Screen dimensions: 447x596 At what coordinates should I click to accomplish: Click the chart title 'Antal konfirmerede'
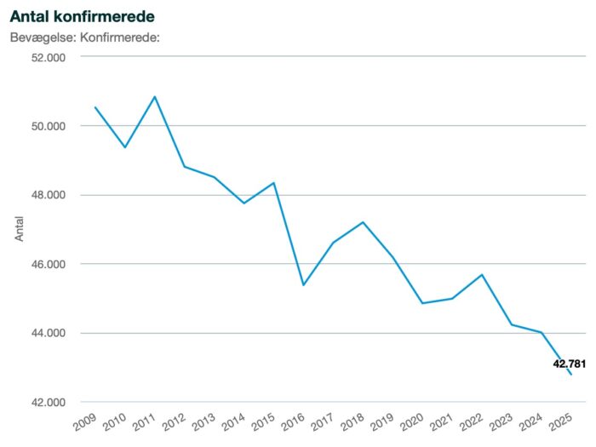pos(83,16)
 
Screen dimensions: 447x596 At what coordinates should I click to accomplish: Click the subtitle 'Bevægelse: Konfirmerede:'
pos(85,37)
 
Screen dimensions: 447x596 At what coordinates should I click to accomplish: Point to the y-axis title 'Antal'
pos(20,228)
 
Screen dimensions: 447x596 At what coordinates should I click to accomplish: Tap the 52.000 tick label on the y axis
pos(49,57)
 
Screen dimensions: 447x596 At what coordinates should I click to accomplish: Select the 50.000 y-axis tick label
pos(49,126)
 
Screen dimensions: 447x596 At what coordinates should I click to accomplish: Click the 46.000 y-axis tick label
pos(49,265)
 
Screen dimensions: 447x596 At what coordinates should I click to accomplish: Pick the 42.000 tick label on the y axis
pos(49,403)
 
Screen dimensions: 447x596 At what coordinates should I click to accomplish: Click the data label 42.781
pos(570,364)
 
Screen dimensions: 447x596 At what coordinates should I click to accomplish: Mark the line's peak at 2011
pos(155,97)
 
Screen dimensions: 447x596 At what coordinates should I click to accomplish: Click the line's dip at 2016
pos(303,285)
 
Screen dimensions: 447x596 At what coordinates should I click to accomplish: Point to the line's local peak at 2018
pos(363,222)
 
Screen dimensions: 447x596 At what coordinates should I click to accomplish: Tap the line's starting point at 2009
pos(95,107)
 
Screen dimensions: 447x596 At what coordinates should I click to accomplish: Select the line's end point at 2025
pos(571,375)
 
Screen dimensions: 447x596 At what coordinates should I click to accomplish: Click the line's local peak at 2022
pos(482,274)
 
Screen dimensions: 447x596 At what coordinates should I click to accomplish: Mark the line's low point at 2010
pos(125,147)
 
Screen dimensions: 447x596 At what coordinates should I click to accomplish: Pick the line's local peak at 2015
pos(273,183)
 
